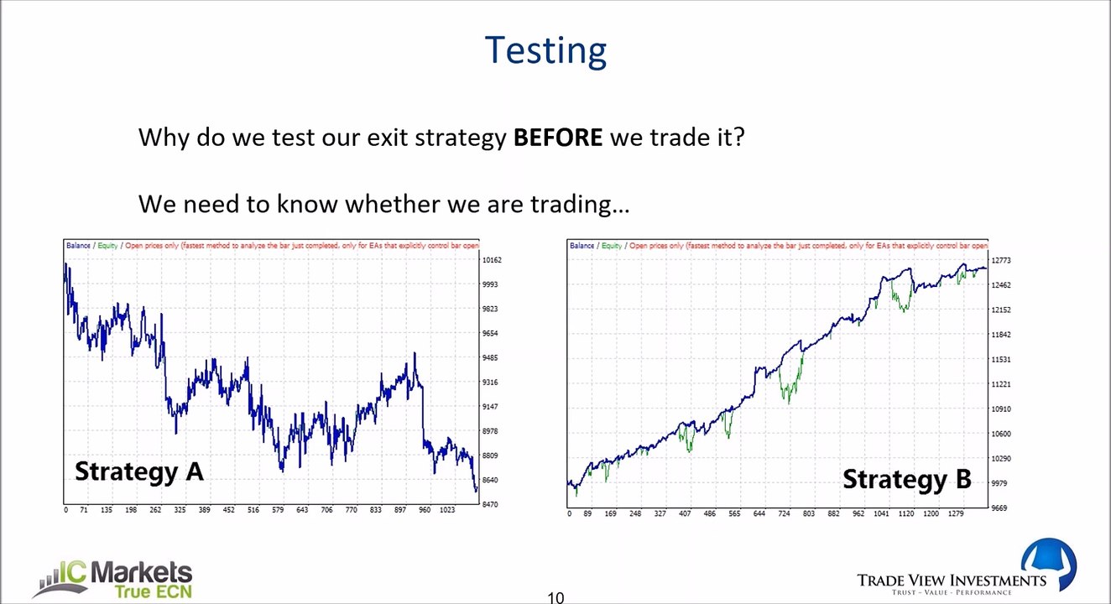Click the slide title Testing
(545, 50)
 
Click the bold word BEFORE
(557, 138)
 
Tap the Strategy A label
(139, 471)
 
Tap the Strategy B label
(906, 480)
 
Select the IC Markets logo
(117, 579)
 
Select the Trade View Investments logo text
(951, 581)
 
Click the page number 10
(555, 597)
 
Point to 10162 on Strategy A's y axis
(491, 260)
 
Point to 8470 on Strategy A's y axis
(489, 504)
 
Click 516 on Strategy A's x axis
(253, 510)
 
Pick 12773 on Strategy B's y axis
(1000, 261)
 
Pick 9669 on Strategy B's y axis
(999, 508)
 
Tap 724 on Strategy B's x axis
(783, 513)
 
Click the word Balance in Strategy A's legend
(78, 246)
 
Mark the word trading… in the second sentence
(579, 205)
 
